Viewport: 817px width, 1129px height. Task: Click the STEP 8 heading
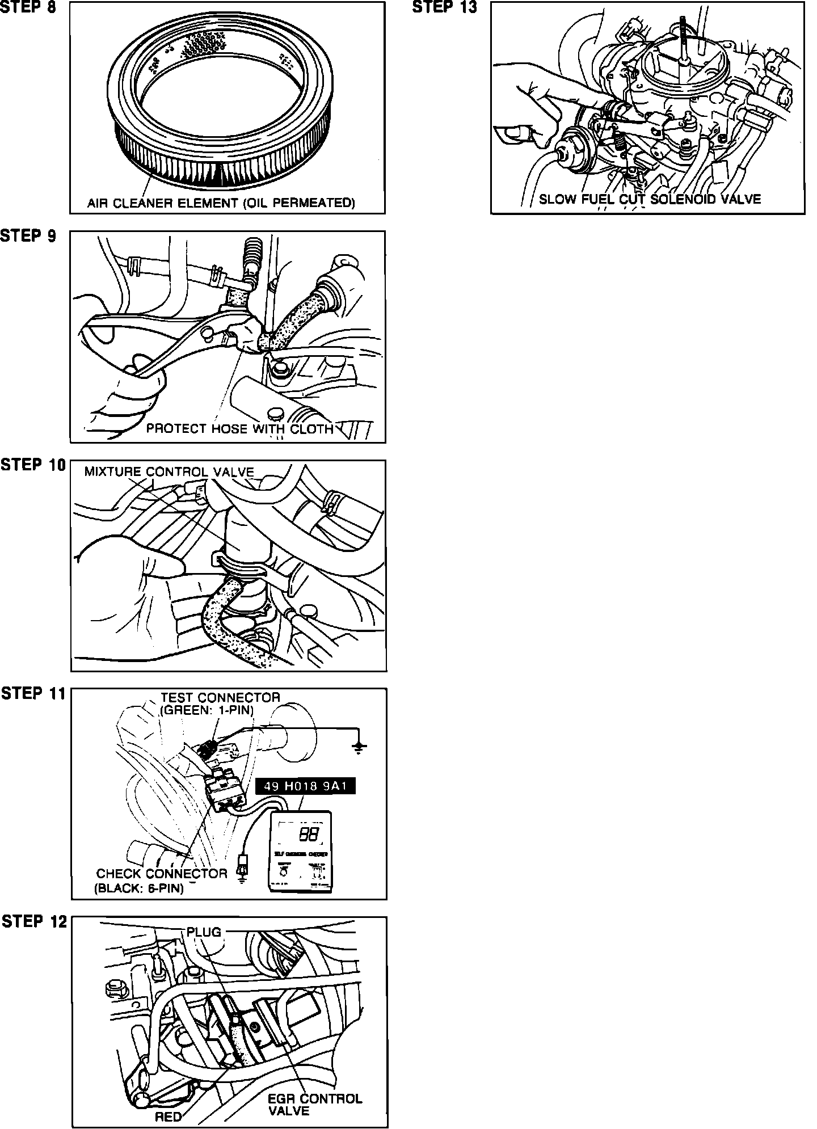(28, 9)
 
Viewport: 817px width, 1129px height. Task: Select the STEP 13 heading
(444, 7)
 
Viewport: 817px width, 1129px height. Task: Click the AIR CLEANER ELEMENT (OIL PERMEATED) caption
(221, 203)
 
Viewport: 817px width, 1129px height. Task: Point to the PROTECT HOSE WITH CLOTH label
(239, 428)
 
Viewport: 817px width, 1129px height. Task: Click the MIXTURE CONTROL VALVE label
(169, 471)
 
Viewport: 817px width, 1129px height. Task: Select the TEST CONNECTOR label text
(220, 697)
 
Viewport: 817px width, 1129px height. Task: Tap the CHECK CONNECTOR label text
(161, 873)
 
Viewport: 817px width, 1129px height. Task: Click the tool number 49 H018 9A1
(305, 786)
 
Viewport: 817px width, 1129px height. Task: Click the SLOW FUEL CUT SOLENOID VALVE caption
(649, 199)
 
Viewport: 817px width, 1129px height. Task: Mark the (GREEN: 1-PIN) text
(207, 710)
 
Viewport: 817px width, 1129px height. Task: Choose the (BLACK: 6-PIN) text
(139, 888)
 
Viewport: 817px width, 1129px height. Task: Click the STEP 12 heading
(34, 921)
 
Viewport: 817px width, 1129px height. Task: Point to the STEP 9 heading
(28, 236)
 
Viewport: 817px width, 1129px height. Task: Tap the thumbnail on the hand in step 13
(513, 132)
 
